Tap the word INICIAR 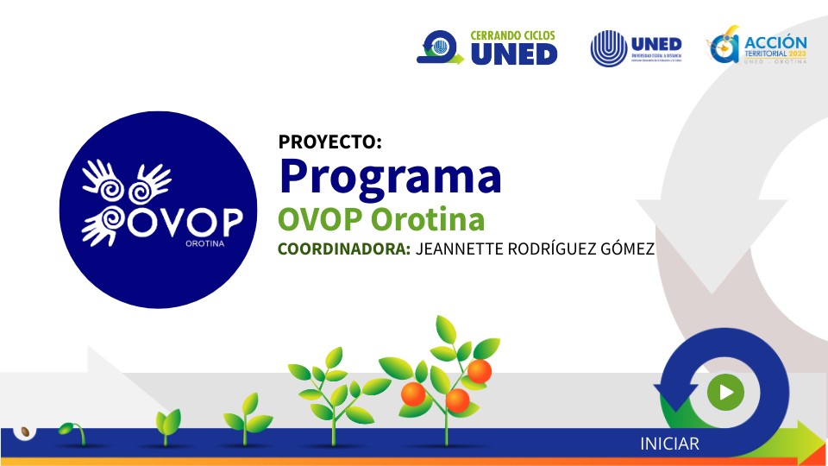[x=669, y=444]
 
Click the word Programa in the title [x=390, y=176]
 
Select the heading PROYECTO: [x=329, y=142]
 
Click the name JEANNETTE [x=460, y=249]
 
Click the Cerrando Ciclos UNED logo [x=487, y=48]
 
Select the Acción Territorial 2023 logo [x=756, y=48]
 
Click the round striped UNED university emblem [x=609, y=48]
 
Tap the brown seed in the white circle [x=25, y=431]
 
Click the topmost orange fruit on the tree [x=479, y=372]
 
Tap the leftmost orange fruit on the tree [x=414, y=394]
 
